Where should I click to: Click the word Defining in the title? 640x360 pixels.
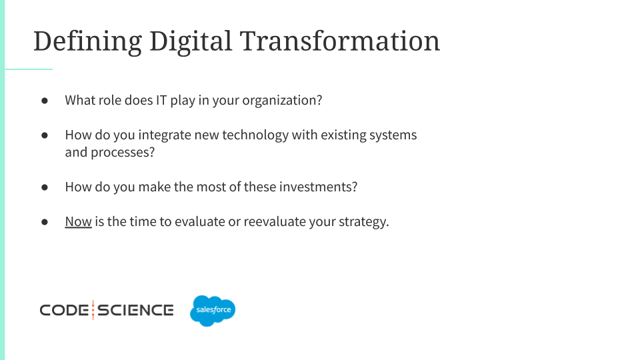point(88,41)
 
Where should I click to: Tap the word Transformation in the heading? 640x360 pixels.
point(339,41)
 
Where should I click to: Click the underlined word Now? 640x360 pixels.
point(79,221)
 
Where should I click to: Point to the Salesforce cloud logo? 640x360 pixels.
point(213,311)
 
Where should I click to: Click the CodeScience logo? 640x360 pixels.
point(107,310)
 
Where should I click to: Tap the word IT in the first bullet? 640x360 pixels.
point(161,101)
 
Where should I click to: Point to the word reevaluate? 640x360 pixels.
point(275,221)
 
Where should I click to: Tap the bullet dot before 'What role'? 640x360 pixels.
point(45,101)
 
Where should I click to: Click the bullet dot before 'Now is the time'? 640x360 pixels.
point(45,221)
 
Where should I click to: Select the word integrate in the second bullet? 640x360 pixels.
point(165,135)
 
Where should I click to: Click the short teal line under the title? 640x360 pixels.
point(29,69)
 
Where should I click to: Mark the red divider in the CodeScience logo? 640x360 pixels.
point(93,310)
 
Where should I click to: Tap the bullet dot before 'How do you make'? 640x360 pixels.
point(45,187)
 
